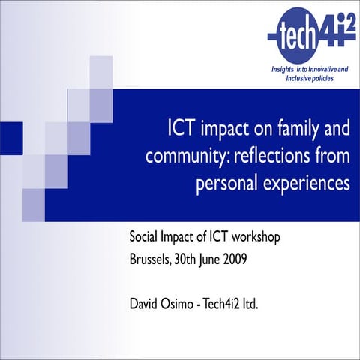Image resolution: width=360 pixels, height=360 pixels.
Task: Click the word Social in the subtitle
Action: coord(145,239)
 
